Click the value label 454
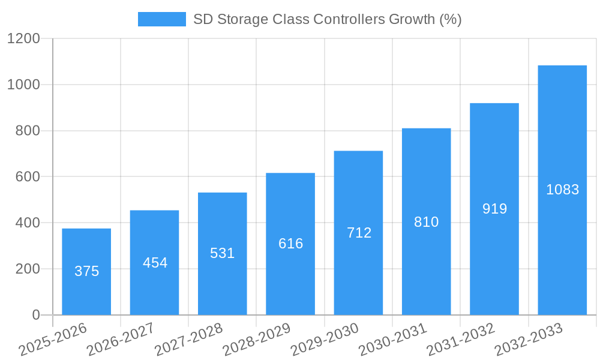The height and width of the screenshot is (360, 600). tap(155, 263)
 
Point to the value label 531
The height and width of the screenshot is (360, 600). tap(222, 253)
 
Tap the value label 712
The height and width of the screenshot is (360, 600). tap(359, 233)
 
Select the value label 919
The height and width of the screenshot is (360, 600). tap(494, 209)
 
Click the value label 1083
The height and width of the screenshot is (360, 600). tap(562, 190)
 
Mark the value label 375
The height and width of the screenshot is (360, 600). tap(86, 271)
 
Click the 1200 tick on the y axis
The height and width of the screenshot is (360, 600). tap(23, 38)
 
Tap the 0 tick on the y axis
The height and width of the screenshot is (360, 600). tap(35, 315)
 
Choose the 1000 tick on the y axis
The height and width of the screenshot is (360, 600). tap(23, 85)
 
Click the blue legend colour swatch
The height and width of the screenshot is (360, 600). tap(161, 19)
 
